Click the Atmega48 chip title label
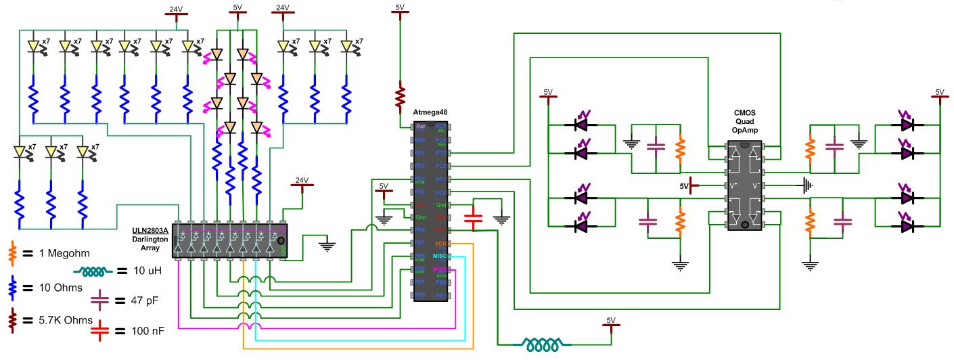431,111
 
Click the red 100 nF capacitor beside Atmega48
474,218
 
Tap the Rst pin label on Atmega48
420,126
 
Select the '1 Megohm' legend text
63,254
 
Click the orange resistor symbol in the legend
12,254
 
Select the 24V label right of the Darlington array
301,180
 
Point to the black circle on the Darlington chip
281,240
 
